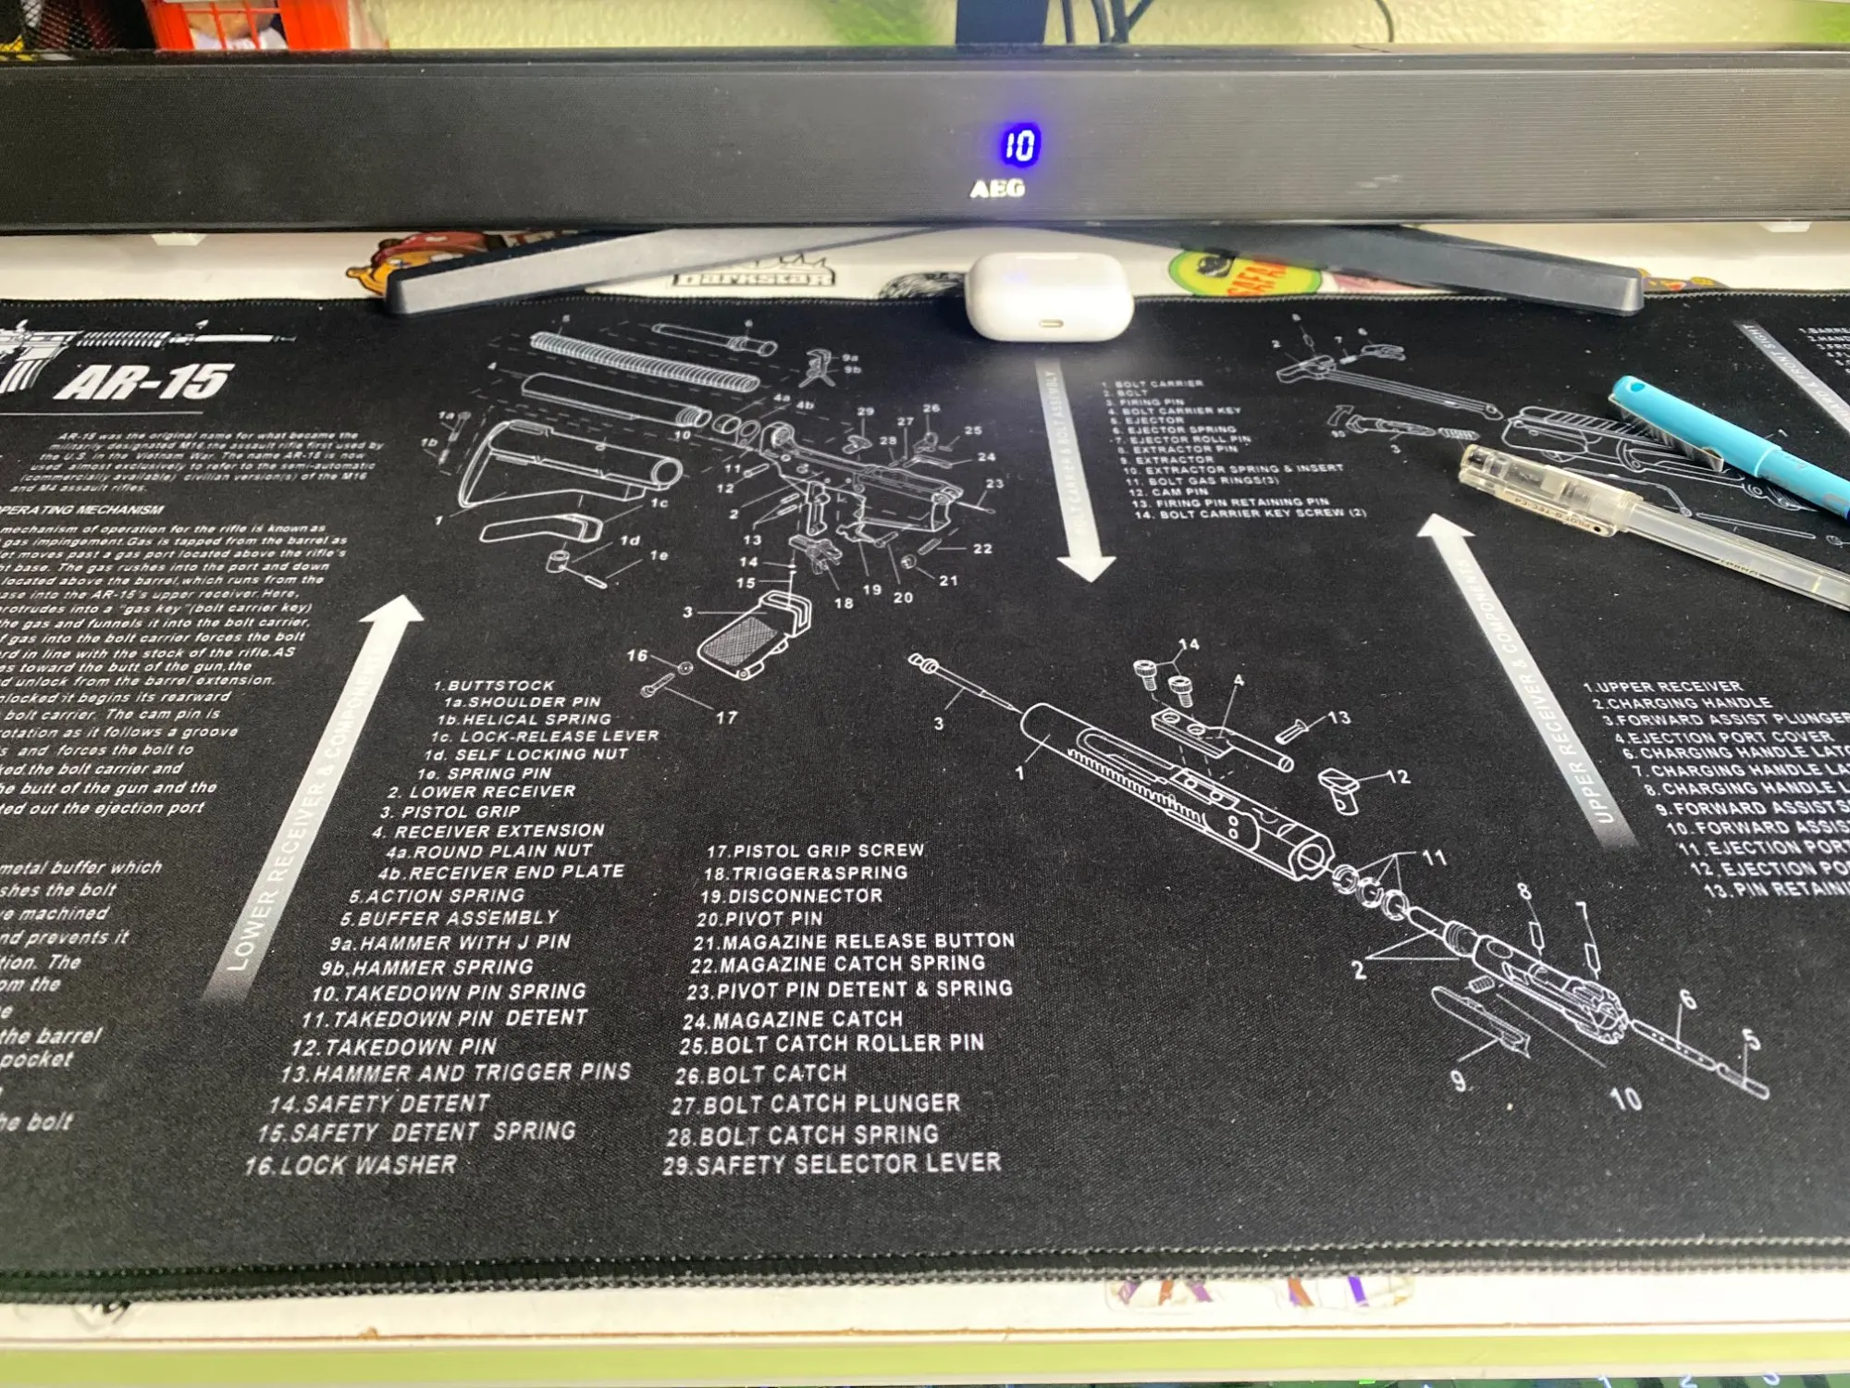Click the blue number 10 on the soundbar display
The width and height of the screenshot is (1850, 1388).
point(1020,145)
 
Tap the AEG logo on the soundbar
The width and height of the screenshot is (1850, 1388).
point(997,189)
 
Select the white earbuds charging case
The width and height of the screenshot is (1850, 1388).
point(1050,296)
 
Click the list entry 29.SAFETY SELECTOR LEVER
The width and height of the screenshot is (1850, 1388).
point(832,1164)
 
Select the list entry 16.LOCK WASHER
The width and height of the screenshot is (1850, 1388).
point(351,1165)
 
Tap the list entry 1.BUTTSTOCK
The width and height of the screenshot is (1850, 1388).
point(495,686)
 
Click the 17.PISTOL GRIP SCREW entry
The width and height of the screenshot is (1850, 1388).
point(815,850)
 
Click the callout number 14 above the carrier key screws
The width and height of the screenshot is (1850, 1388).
point(1189,645)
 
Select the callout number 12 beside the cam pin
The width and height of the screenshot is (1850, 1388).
point(1398,776)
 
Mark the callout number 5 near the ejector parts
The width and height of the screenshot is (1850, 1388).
point(1750,1039)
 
